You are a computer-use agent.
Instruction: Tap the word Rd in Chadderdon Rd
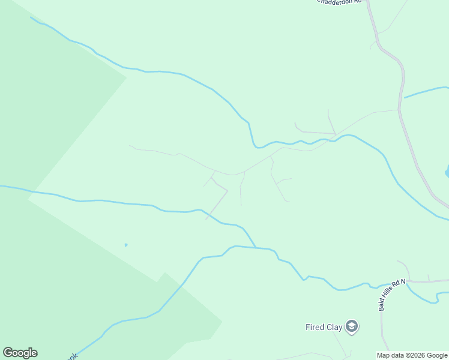tap(359, 2)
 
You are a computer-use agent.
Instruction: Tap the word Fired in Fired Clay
tap(315, 327)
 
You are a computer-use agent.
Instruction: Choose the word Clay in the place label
tap(334, 327)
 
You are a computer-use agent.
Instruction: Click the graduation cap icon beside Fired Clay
tap(352, 327)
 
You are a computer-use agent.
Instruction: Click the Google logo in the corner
tap(20, 353)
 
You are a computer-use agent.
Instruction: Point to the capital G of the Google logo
tap(7, 353)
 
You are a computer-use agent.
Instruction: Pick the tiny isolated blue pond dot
tap(125, 245)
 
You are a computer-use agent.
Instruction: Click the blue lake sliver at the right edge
tap(447, 172)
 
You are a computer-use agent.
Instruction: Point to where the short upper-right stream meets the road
tap(404, 97)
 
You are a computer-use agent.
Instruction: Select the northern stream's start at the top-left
tap(31, 17)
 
